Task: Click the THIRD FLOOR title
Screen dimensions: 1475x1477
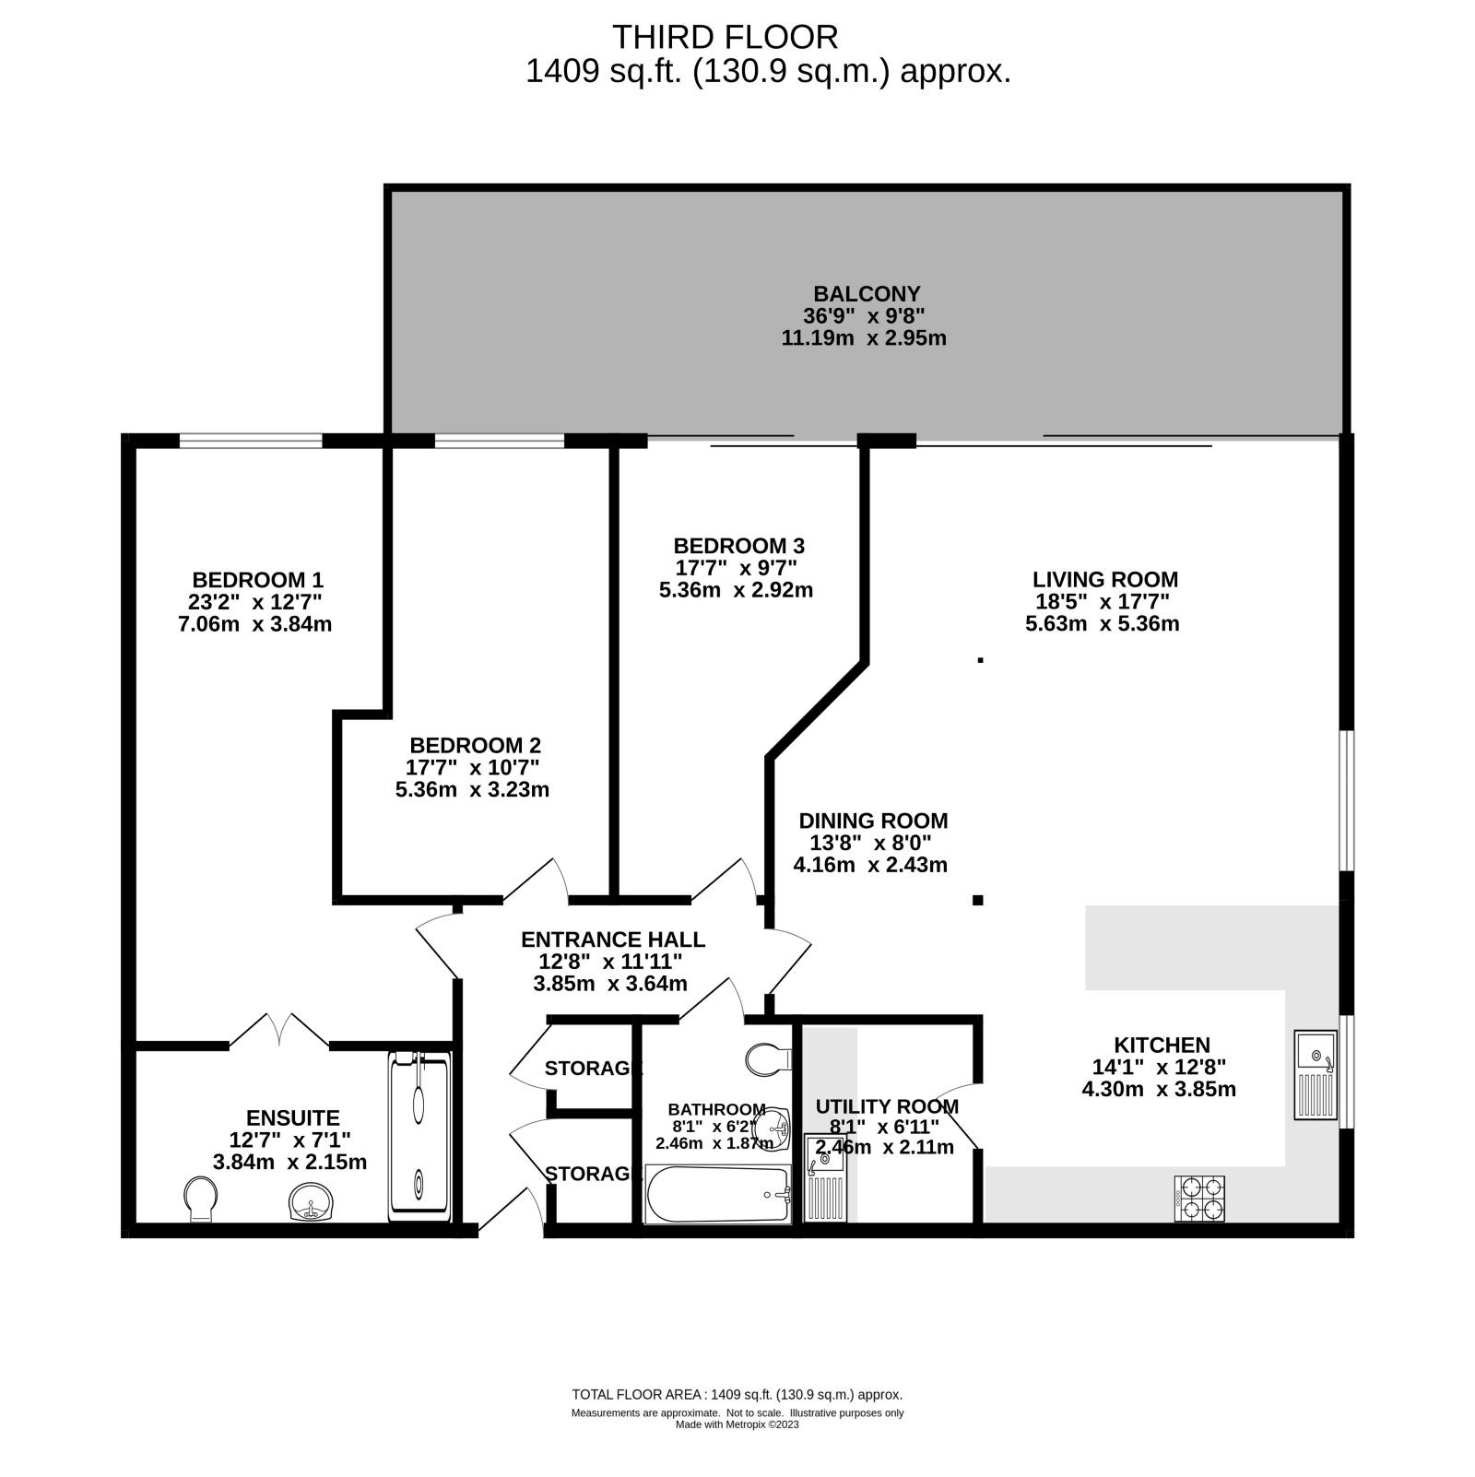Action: [x=726, y=37]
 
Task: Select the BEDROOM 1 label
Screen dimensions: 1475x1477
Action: [x=257, y=580]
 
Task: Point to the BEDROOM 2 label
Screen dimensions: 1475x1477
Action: [x=475, y=745]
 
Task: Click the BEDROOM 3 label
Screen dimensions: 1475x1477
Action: [x=738, y=545]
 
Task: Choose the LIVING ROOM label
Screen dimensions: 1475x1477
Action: [x=1105, y=579]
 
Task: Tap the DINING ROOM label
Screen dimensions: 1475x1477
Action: [x=873, y=821]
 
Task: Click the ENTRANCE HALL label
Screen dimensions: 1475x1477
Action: [x=613, y=939]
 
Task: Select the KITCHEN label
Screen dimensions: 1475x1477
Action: [x=1162, y=1045]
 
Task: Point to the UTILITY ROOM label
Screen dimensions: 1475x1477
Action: [x=887, y=1106]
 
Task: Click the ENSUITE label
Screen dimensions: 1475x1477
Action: [x=292, y=1118]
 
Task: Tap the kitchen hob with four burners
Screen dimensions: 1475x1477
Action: [x=1199, y=1198]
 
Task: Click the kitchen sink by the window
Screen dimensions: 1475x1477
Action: [x=1316, y=1074]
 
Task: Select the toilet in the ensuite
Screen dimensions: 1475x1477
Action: [x=201, y=1199]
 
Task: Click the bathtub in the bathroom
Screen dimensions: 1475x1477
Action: [x=718, y=1194]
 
